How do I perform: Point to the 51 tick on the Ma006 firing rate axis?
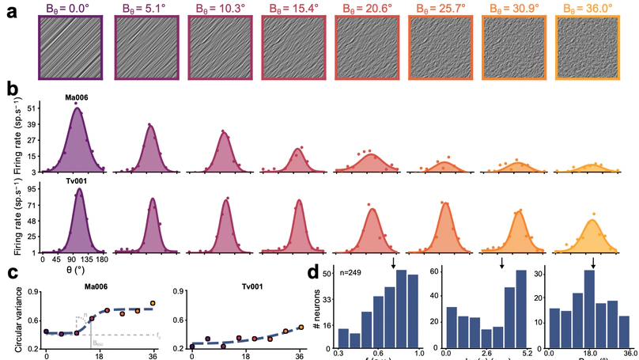[x=32, y=106]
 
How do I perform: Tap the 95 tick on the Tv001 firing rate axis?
[x=32, y=190]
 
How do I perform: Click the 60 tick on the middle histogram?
[x=433, y=271]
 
